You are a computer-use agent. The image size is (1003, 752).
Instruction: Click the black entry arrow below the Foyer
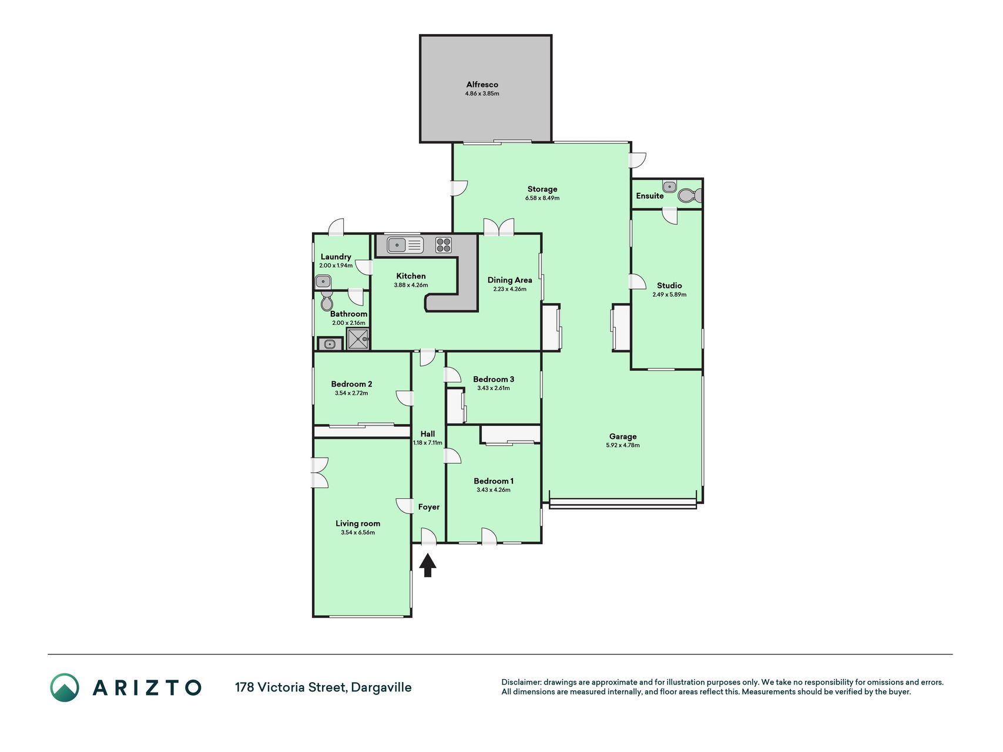(x=428, y=566)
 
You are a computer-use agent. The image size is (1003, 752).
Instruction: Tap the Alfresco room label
(x=482, y=85)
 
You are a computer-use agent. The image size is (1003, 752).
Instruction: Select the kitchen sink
(x=405, y=245)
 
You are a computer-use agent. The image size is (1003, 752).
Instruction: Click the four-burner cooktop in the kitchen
(x=444, y=245)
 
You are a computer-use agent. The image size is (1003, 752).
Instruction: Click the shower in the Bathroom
(x=358, y=339)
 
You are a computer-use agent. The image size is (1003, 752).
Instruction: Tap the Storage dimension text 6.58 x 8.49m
(x=542, y=198)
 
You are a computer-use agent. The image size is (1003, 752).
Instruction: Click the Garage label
(x=623, y=437)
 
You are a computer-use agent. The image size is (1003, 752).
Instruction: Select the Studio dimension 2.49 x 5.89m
(x=669, y=295)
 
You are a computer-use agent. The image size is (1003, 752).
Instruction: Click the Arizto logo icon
(x=65, y=687)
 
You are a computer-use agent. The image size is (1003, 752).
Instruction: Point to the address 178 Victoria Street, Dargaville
(x=323, y=687)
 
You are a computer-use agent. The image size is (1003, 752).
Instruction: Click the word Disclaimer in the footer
(x=521, y=683)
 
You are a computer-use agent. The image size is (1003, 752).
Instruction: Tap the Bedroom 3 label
(x=494, y=380)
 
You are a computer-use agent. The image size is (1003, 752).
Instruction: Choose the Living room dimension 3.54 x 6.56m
(x=358, y=533)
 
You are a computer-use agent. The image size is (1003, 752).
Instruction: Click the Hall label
(x=428, y=434)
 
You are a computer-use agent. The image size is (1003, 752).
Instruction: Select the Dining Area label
(x=509, y=280)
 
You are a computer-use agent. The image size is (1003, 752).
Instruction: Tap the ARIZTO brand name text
(x=147, y=687)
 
